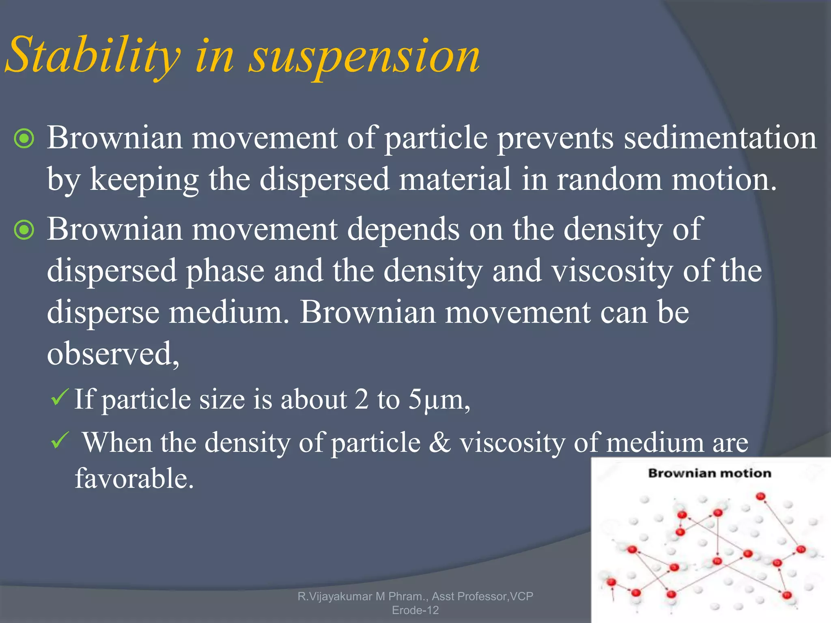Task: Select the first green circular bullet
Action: pos(24,139)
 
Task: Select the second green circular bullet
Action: pos(24,230)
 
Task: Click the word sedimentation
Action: pos(720,138)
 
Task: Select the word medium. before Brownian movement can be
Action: pos(229,313)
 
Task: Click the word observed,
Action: pos(113,354)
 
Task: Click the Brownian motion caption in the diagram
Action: pos(709,473)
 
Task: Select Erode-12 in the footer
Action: pos(415,610)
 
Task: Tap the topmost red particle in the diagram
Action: pos(760,496)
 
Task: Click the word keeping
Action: pos(144,179)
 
